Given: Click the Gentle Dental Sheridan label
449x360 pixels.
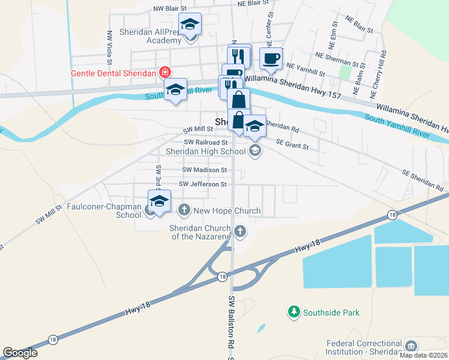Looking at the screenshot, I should point(114,73).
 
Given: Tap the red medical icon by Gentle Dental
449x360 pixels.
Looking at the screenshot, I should point(164,73).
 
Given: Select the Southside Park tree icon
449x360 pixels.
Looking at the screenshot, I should point(294,311).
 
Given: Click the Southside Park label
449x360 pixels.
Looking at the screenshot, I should point(331,313).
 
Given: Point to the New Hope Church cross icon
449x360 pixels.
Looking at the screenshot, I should point(184,210).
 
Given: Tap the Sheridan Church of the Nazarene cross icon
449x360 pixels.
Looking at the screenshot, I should point(240,231).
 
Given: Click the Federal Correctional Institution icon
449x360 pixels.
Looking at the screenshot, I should point(411,346).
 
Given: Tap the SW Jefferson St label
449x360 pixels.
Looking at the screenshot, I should point(203,184).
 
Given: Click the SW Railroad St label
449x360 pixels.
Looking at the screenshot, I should point(206,142).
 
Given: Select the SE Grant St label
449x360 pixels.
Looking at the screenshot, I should point(292,144).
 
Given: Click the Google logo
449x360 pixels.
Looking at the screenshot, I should point(20,353).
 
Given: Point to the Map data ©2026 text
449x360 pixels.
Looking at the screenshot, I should point(424,355).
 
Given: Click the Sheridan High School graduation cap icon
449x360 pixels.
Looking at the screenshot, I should point(255,150).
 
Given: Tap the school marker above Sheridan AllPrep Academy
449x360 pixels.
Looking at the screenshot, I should point(190,25).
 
